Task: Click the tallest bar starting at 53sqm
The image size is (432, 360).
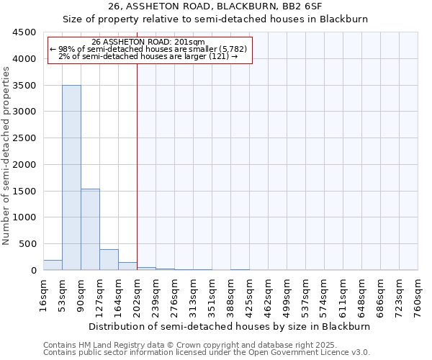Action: point(71,177)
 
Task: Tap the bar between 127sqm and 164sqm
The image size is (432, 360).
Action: point(109,259)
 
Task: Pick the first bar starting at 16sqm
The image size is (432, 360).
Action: point(53,265)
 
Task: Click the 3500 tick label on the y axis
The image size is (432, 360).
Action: point(26,85)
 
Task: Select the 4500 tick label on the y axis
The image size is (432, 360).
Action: point(26,32)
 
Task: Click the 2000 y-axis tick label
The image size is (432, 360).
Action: point(26,164)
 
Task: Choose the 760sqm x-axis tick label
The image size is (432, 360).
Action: point(418,296)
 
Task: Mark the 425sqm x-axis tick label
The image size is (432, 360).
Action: point(250,296)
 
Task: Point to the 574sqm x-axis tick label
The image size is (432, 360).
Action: point(325,296)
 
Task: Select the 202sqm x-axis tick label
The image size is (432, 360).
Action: point(138,296)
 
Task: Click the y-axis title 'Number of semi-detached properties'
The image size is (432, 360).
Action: point(6,153)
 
